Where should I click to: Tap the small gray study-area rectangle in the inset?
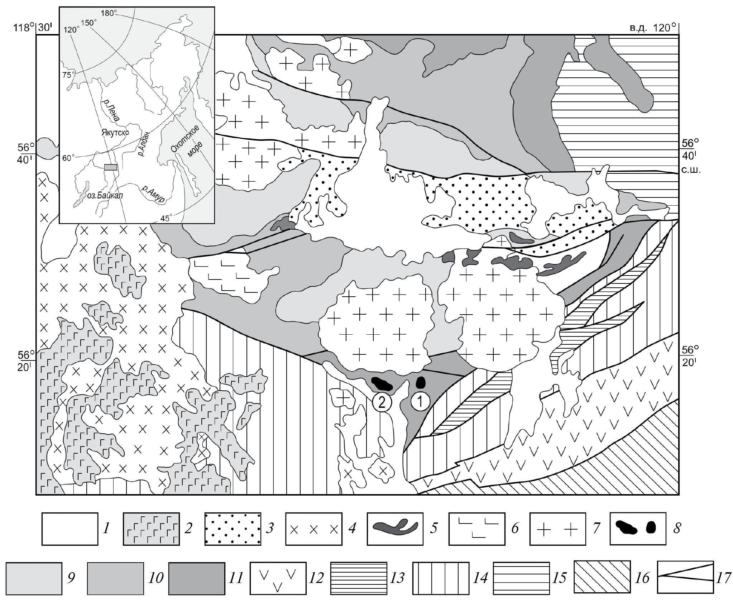111,167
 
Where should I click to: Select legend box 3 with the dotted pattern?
233,529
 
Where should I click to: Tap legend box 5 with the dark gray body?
395,529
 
